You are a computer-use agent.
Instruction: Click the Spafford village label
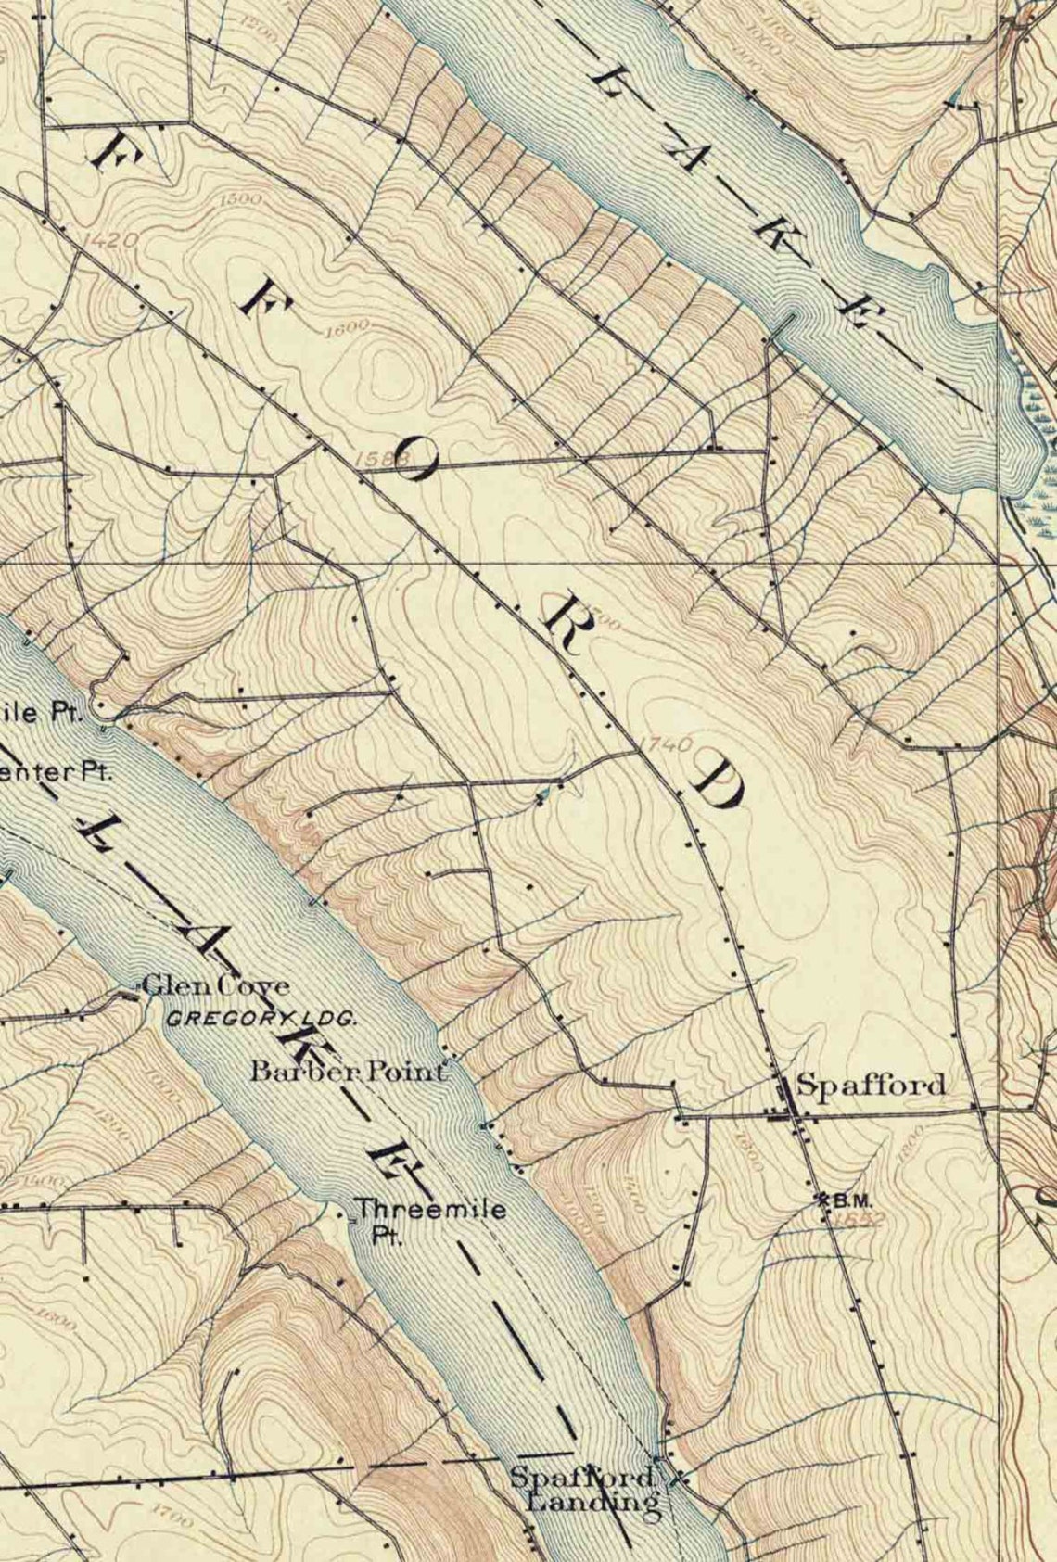pyautogui.click(x=871, y=1085)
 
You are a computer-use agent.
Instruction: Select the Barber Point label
pyautogui.click(x=348, y=1072)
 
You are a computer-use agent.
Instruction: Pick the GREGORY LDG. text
pyautogui.click(x=262, y=1017)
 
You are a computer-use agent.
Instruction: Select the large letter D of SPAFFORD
pyautogui.click(x=717, y=787)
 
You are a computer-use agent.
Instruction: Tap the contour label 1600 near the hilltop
pyautogui.click(x=347, y=326)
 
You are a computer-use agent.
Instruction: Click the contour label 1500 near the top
pyautogui.click(x=243, y=198)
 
